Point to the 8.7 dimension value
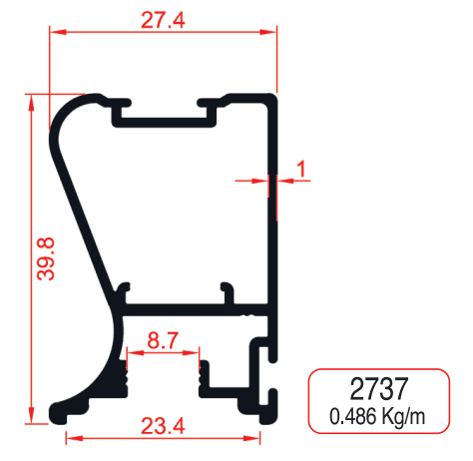point(163,342)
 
